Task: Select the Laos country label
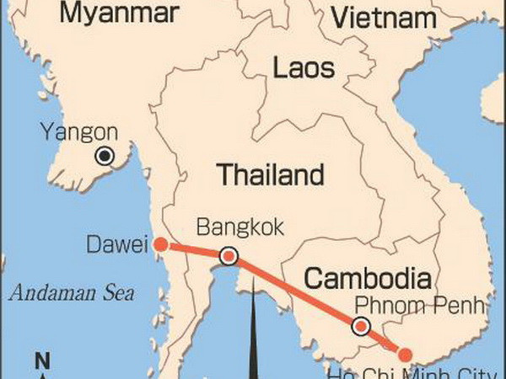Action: tap(304, 67)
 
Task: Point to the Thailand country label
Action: tap(271, 175)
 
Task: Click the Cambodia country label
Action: tap(368, 278)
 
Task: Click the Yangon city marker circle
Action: tap(105, 156)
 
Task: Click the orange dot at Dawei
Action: tap(160, 245)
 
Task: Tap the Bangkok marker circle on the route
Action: tap(228, 256)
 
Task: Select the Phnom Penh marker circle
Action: tap(361, 327)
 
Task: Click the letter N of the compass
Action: tap(41, 363)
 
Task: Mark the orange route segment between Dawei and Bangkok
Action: tap(194, 251)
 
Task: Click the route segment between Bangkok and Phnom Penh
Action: tap(295, 292)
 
